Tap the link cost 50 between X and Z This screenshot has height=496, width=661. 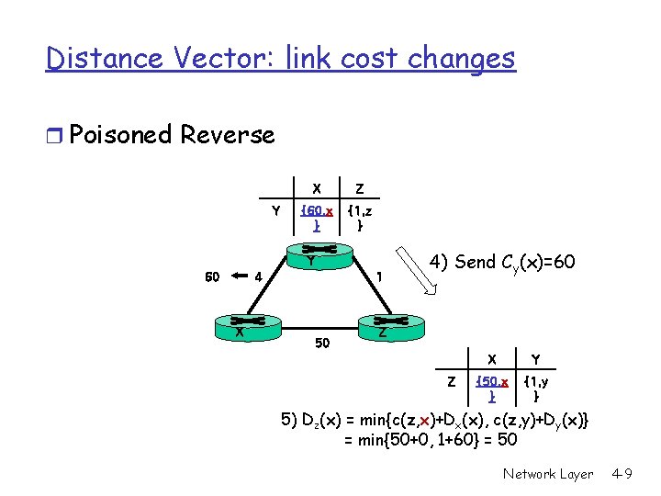[x=321, y=343]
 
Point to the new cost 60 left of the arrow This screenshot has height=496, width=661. [x=212, y=275]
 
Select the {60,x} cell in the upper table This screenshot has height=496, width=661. [x=316, y=218]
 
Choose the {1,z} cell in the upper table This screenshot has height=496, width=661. [x=359, y=218]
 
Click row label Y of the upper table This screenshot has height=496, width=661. [x=275, y=211]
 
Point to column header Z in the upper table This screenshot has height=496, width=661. [x=359, y=189]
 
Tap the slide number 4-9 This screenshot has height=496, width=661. [x=623, y=474]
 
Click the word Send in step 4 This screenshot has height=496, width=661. [x=476, y=263]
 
